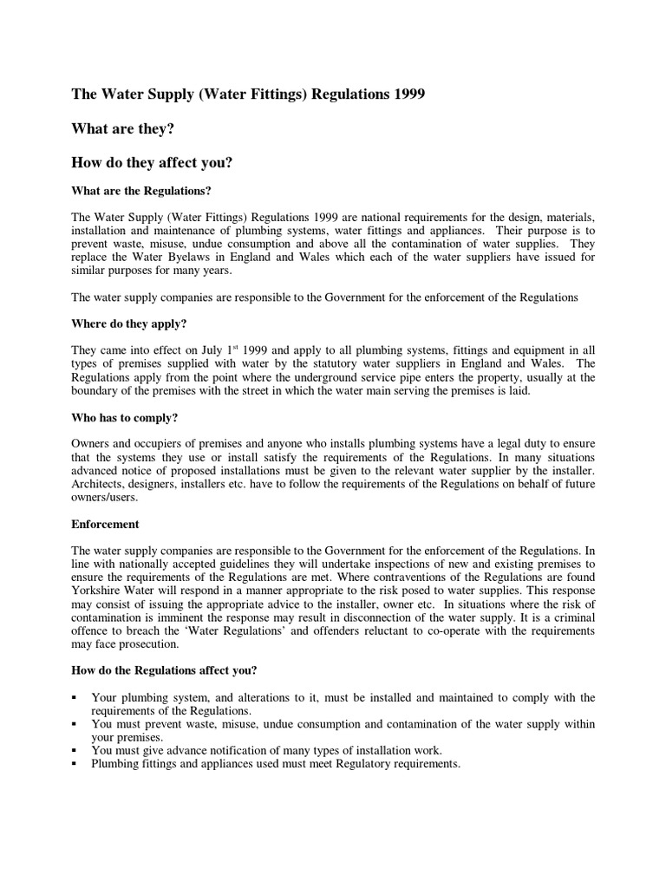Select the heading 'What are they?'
[124, 128]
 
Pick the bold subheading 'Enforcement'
[105, 524]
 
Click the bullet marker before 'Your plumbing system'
[75, 698]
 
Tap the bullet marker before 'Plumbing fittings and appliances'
[75, 765]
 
